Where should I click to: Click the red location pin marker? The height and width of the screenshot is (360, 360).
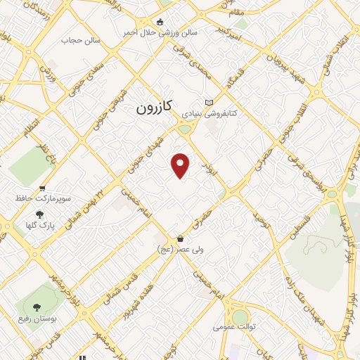tap(181, 165)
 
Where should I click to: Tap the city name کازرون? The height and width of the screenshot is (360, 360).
tap(154, 109)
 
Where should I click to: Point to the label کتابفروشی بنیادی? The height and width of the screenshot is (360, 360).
tap(211, 112)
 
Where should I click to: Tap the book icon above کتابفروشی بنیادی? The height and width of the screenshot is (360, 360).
tap(208, 102)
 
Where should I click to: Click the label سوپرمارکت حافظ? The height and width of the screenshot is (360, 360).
tap(43, 200)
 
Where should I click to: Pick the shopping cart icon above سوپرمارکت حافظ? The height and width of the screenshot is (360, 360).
tap(43, 188)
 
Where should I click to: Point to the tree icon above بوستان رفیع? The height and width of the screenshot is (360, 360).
tap(37, 307)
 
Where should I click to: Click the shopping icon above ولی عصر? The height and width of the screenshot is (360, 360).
tap(181, 238)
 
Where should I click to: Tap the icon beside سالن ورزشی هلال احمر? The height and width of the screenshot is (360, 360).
tap(160, 22)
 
